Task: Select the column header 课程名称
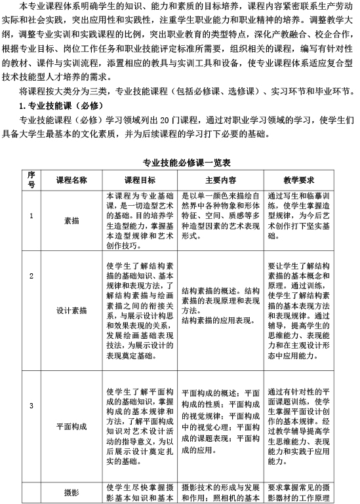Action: [x=71, y=180]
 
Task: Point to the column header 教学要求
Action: [x=300, y=180]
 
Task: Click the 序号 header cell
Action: [x=31, y=180]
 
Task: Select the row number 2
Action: [x=31, y=275]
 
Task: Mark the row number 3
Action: [x=31, y=387]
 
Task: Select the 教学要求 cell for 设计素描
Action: [x=300, y=311]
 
